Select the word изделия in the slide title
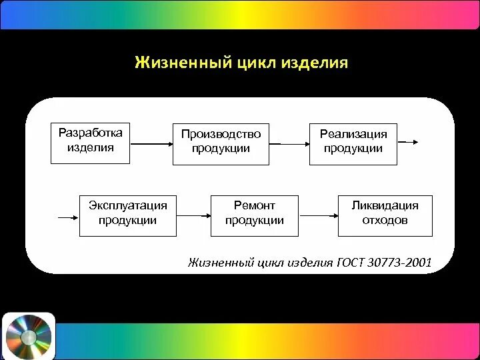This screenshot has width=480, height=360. pyautogui.click(x=315, y=64)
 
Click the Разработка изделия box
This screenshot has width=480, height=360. pyautogui.click(x=91, y=142)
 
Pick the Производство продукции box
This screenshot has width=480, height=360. pyautogui.click(x=221, y=143)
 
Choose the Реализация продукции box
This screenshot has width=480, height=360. pyautogui.click(x=353, y=143)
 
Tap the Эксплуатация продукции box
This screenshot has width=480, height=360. pyautogui.click(x=128, y=215)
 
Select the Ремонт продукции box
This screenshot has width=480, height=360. pyautogui.click(x=254, y=215)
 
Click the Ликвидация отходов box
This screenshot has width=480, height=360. pyautogui.click(x=385, y=215)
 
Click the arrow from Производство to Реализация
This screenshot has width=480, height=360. pyautogui.click(x=289, y=143)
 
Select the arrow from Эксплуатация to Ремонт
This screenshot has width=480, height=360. pyautogui.click(x=193, y=215)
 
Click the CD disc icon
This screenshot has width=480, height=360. pyautogui.click(x=28, y=335)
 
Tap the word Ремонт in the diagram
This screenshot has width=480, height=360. pyautogui.click(x=254, y=205)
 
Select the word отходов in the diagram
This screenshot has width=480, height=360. pyautogui.click(x=385, y=220)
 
